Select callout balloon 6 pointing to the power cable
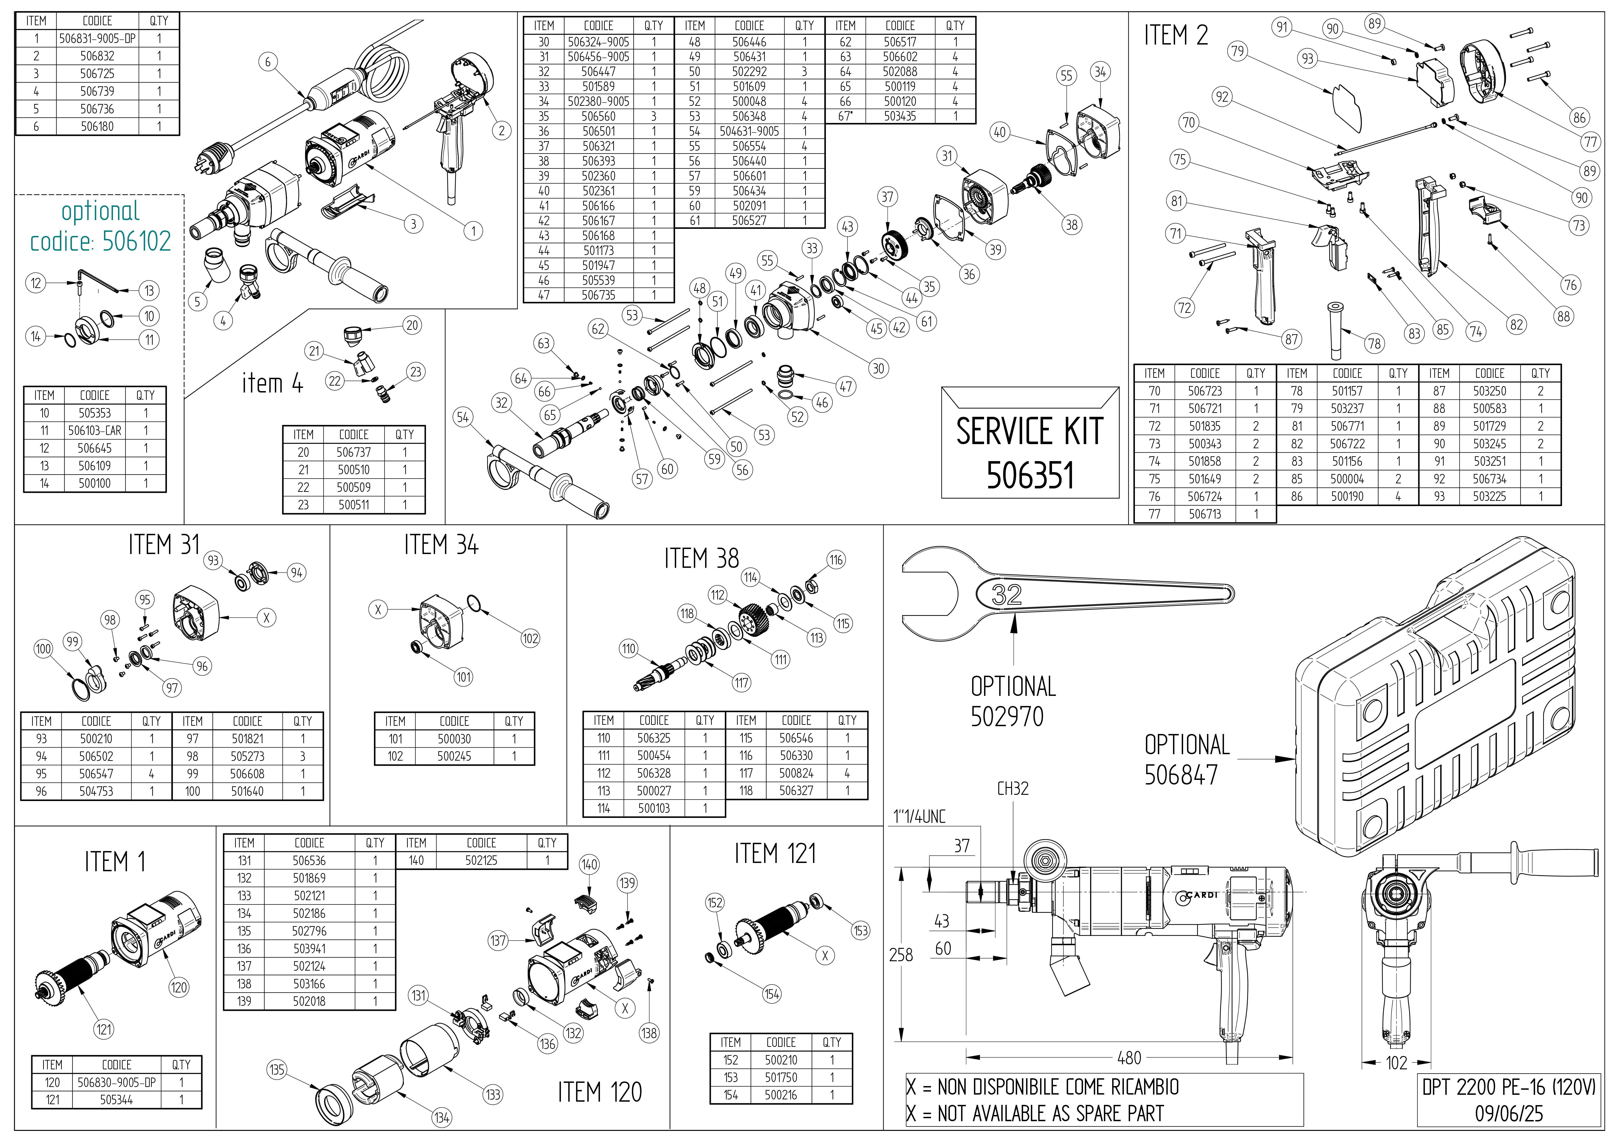click(x=267, y=62)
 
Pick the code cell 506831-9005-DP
click(x=97, y=39)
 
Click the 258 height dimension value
click(x=901, y=955)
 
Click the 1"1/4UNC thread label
click(x=919, y=816)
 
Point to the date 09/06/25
click(x=1508, y=1113)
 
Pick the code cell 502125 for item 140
click(x=481, y=860)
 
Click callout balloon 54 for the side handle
click(x=463, y=417)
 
